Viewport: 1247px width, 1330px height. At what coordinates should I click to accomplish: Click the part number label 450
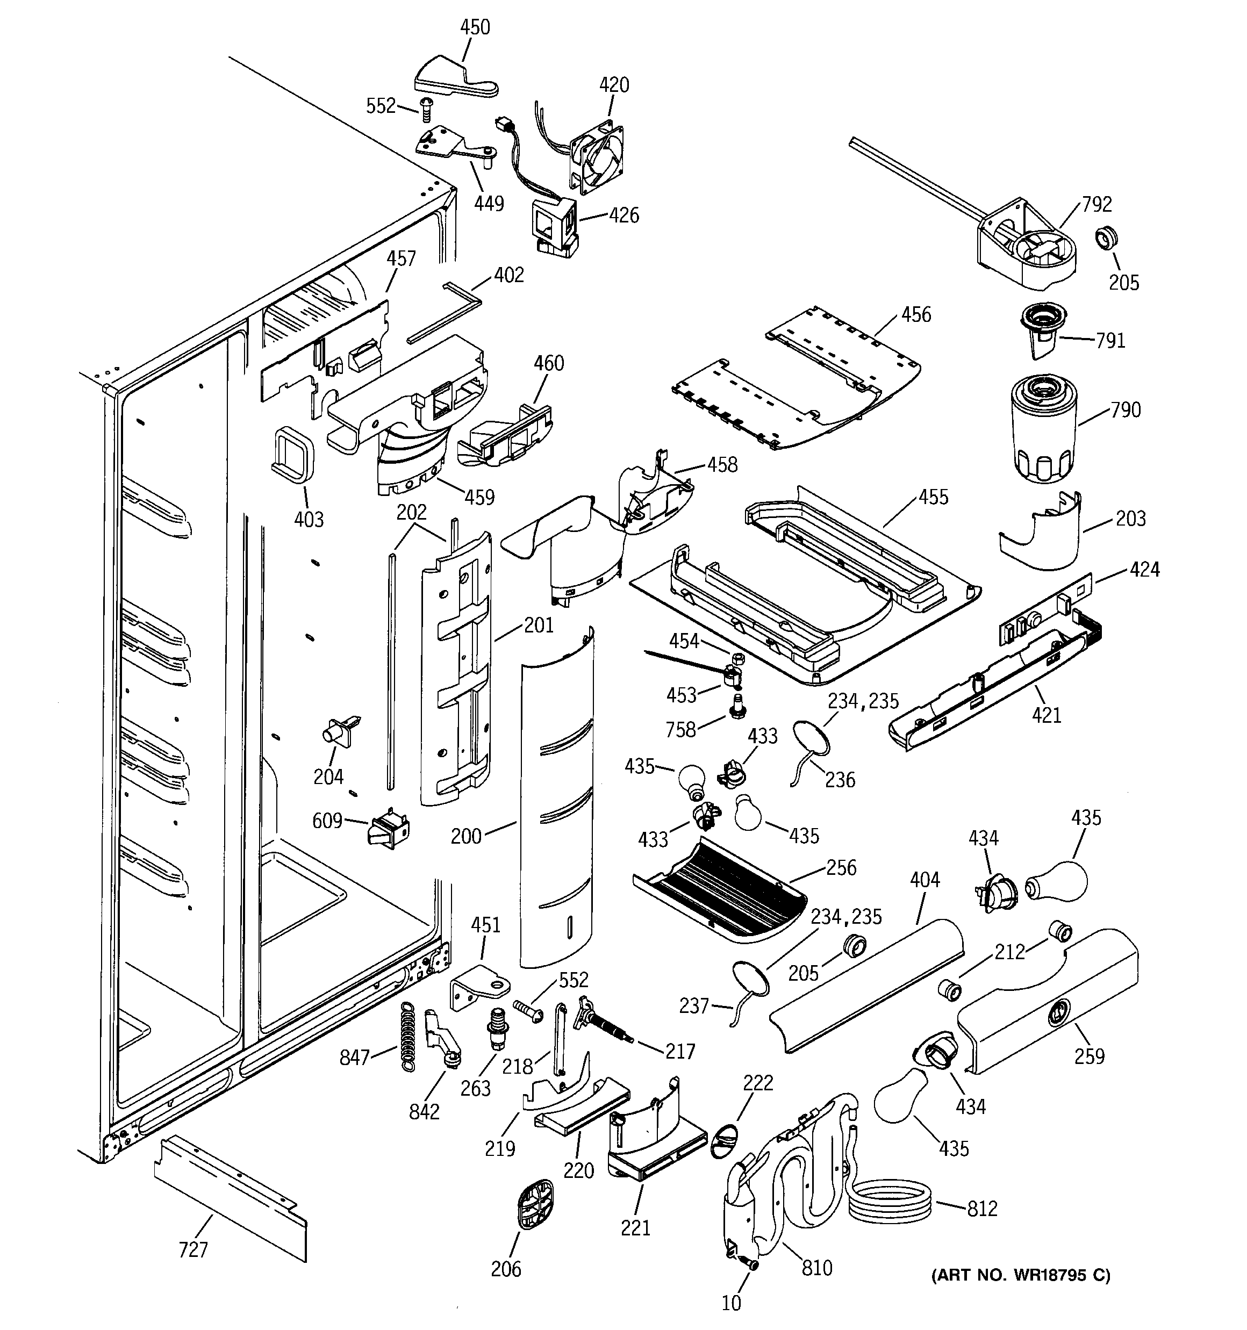(x=475, y=27)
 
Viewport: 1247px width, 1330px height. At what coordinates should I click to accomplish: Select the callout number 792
(x=1096, y=204)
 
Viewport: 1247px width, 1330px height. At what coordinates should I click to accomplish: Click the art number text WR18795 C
(x=1020, y=1275)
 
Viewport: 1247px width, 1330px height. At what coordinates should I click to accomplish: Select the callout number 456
(x=916, y=314)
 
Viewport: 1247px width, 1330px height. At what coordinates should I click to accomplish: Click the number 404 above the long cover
(x=924, y=880)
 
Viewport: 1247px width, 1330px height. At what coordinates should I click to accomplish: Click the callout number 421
(x=1045, y=716)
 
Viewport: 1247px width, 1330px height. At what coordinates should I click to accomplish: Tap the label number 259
(x=1089, y=1056)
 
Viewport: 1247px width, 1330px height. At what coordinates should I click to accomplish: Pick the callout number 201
(x=538, y=625)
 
